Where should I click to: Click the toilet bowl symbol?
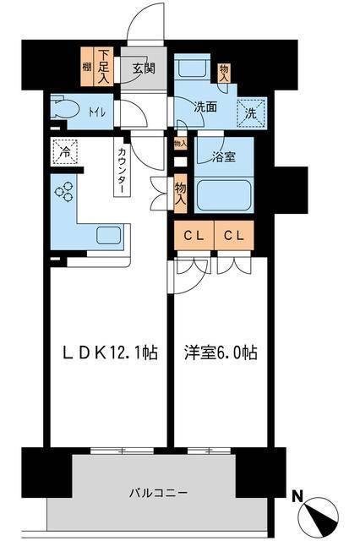[x=62, y=110]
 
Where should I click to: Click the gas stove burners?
[x=65, y=193]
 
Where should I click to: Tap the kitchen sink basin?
[x=108, y=235]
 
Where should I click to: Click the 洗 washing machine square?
[x=251, y=110]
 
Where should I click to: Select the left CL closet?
[x=192, y=234]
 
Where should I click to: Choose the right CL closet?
[x=234, y=234]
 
